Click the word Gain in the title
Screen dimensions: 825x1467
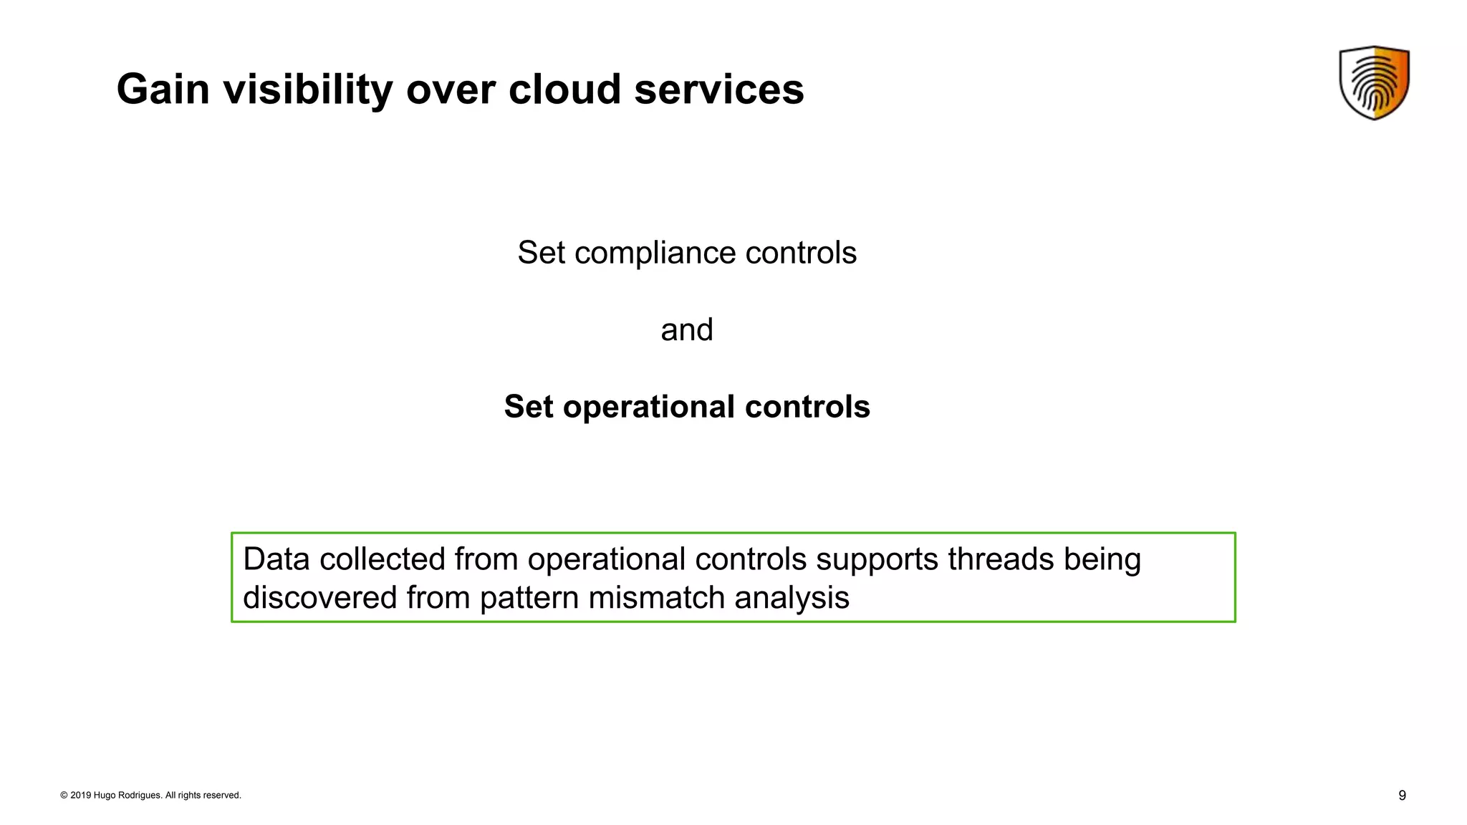(163, 90)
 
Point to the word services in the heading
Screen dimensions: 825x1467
(718, 90)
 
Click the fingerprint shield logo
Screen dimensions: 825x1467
(1374, 82)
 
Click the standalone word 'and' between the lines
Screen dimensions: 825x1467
(687, 330)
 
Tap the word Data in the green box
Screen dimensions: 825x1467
(276, 559)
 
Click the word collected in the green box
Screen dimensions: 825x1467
(383, 559)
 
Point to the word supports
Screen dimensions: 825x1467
(877, 559)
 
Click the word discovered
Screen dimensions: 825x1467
(319, 598)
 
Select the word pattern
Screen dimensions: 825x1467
(529, 598)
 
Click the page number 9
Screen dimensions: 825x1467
(1402, 796)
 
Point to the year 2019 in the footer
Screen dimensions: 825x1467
(80, 796)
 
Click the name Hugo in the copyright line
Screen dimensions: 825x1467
(104, 796)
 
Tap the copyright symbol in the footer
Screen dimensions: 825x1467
(64, 796)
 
